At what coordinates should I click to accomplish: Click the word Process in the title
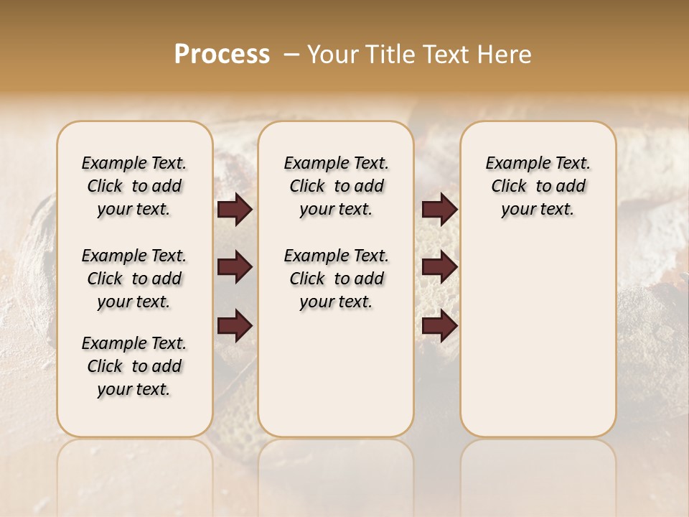click(222, 54)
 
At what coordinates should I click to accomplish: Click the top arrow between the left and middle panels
click(235, 210)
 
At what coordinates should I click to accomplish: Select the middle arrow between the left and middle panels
click(235, 267)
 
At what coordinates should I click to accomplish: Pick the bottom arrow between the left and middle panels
click(235, 325)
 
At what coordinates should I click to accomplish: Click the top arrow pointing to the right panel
click(440, 210)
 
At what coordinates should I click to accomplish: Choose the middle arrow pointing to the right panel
click(440, 267)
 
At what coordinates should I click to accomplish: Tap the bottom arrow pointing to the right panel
click(440, 325)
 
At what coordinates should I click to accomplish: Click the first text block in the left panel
click(134, 186)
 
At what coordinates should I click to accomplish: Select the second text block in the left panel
click(134, 279)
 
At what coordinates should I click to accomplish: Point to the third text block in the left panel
click(134, 366)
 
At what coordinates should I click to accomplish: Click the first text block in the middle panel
click(336, 186)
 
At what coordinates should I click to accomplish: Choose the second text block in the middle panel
click(336, 279)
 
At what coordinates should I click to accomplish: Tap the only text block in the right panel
click(538, 186)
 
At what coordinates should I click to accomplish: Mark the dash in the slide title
click(291, 54)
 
